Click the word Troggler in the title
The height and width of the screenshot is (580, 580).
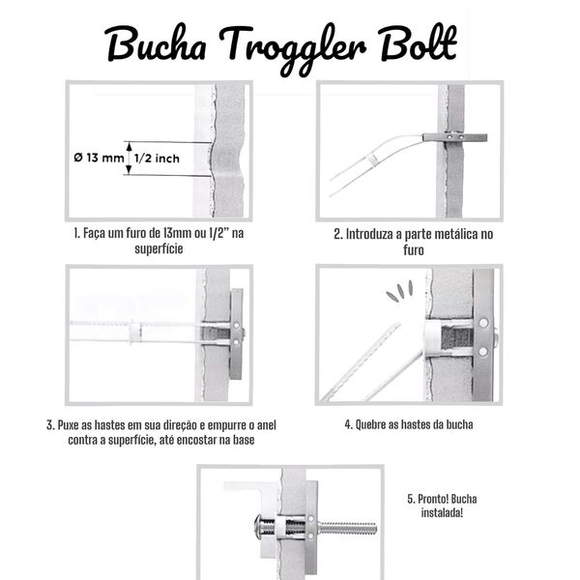click(x=293, y=48)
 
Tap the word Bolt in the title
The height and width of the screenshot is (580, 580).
click(x=420, y=43)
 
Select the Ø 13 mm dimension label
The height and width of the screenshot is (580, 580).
click(x=99, y=158)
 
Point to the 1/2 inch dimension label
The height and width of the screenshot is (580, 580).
click(x=157, y=159)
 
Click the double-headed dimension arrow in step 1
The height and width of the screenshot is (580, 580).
click(x=129, y=158)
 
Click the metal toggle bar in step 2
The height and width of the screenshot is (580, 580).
click(x=455, y=137)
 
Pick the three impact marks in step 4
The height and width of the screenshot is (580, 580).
click(x=399, y=291)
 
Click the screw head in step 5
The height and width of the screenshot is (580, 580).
click(x=257, y=527)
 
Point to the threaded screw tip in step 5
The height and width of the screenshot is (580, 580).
click(x=347, y=528)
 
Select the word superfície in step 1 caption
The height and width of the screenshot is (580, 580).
click(x=159, y=248)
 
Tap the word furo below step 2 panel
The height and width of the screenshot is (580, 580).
click(x=413, y=250)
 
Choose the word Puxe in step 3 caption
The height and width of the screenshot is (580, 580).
click(x=69, y=425)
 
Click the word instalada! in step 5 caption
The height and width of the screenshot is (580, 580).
click(x=442, y=513)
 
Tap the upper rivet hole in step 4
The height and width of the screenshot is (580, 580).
click(x=483, y=323)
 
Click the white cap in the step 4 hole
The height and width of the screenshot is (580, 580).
click(x=433, y=339)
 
